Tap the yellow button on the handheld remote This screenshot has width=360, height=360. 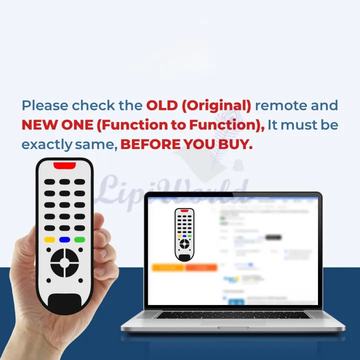coord(49,239)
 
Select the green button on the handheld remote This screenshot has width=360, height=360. coord(79,239)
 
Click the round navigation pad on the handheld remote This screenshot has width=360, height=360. coord(64,262)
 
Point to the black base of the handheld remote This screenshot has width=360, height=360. coord(65,303)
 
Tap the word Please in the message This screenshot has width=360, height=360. coord(45,106)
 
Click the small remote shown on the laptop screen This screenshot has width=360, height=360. coord(184,234)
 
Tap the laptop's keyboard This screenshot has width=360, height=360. coord(232,315)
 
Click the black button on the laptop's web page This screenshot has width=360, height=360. coord(273,237)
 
